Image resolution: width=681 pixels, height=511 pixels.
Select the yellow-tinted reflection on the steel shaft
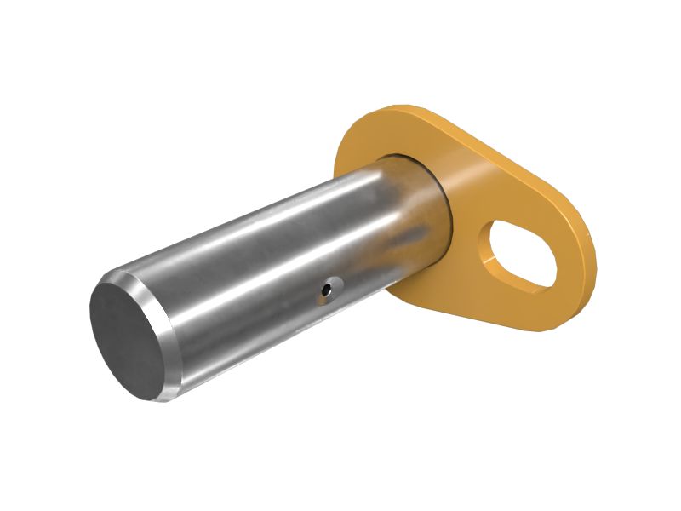[x=409, y=221]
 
